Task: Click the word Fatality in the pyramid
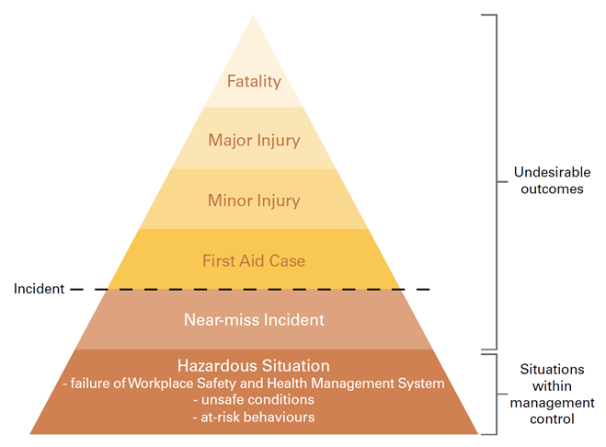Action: [254, 82]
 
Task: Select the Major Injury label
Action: [254, 141]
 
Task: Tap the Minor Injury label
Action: [254, 200]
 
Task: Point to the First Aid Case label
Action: [254, 260]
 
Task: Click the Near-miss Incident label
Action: [254, 320]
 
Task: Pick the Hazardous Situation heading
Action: [254, 366]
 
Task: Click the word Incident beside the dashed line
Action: [39, 289]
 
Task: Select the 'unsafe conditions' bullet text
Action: [254, 400]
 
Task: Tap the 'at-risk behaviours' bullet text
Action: [254, 417]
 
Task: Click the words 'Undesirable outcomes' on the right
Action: [549, 180]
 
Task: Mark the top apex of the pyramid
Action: [254, 16]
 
